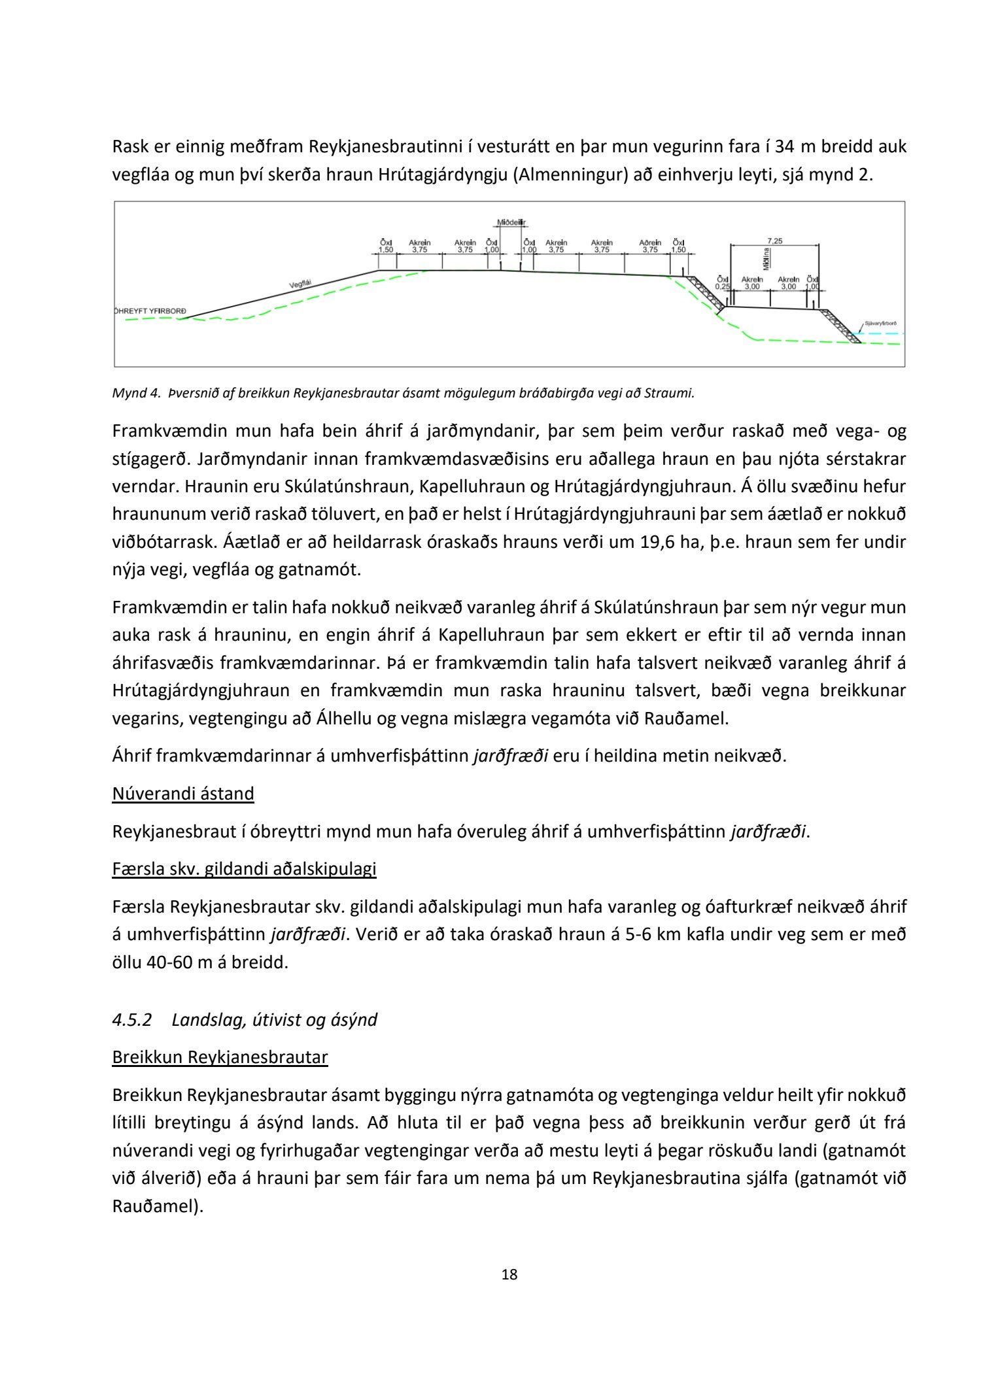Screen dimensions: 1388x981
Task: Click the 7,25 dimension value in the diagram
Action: pyautogui.click(x=774, y=241)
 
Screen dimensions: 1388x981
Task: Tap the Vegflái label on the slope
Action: pyautogui.click(x=300, y=284)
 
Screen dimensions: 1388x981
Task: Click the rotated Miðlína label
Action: pyautogui.click(x=766, y=259)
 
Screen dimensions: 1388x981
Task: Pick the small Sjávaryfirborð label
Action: pyautogui.click(x=880, y=324)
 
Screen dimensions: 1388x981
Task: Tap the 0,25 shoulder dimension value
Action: pyautogui.click(x=722, y=286)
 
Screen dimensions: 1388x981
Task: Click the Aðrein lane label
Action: pyautogui.click(x=650, y=243)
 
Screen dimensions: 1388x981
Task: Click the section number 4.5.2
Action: pyautogui.click(x=131, y=1020)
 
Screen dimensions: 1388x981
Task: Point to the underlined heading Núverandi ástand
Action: pyautogui.click(x=183, y=794)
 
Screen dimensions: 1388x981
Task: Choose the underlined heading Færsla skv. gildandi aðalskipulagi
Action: pyautogui.click(x=244, y=869)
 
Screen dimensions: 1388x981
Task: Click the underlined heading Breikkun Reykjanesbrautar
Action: pyautogui.click(x=220, y=1057)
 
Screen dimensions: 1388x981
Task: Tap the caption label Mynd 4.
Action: pyautogui.click(x=136, y=393)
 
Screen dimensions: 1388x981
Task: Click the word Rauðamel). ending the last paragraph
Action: pyautogui.click(x=158, y=1206)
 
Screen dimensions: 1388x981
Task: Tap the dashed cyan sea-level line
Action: pyautogui.click(x=883, y=333)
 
